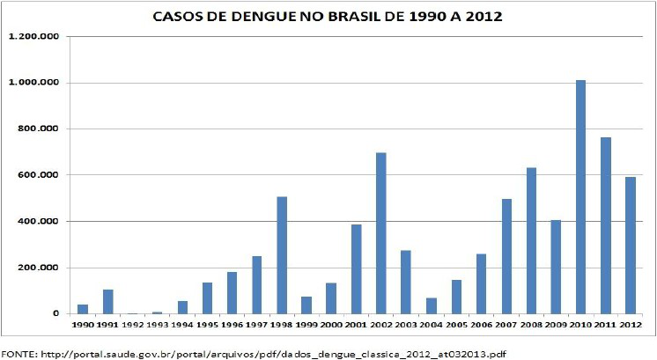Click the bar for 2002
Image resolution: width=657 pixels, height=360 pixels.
point(380,233)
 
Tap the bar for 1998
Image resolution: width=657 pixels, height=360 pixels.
point(282,255)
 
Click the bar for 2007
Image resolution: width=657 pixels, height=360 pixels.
point(506,256)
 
